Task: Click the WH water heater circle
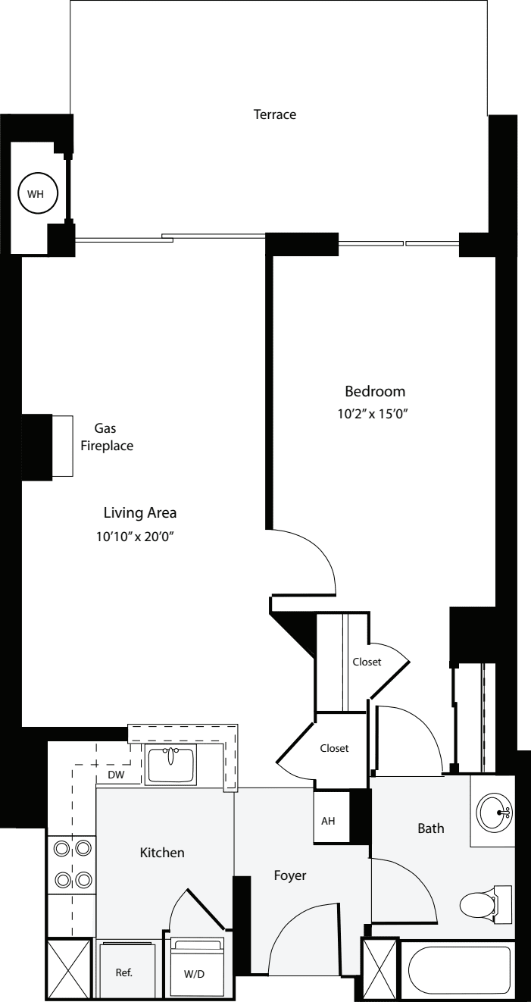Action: pos(36,194)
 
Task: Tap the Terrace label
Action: pos(274,115)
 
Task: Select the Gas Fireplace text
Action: pos(107,437)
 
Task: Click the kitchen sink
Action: pos(170,764)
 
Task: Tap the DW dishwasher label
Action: pos(116,775)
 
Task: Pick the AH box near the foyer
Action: pos(329,821)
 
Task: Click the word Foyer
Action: pos(289,875)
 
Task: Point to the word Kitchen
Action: pos(162,853)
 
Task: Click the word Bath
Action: pos(431,828)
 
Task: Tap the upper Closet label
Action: pos(367,662)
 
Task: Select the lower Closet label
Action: pos(334,748)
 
